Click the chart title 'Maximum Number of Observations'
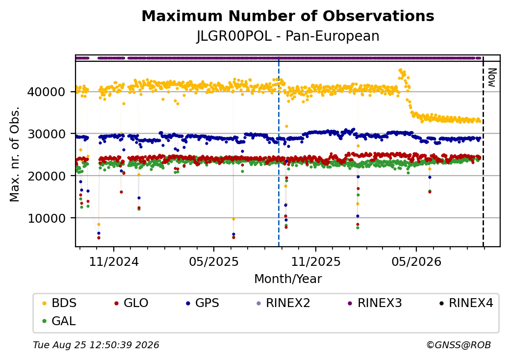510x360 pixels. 288,16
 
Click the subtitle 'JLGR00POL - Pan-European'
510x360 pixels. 288,36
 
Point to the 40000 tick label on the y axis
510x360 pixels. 46,92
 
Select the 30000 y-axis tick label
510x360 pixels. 46,134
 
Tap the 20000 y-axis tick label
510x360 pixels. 46,176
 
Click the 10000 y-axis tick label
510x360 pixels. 46,218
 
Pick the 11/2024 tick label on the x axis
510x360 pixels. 114,261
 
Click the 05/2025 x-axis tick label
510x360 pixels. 214,261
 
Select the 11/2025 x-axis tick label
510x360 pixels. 315,261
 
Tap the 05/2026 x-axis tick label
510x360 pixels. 416,261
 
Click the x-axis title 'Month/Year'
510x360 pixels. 288,279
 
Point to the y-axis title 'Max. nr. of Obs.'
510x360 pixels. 14,154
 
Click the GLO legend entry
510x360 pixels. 131,303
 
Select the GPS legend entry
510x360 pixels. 203,303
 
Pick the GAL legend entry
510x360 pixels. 59,321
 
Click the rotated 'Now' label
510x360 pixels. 492,77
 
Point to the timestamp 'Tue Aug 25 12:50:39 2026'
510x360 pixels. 96,345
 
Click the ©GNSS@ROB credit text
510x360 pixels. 459,345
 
